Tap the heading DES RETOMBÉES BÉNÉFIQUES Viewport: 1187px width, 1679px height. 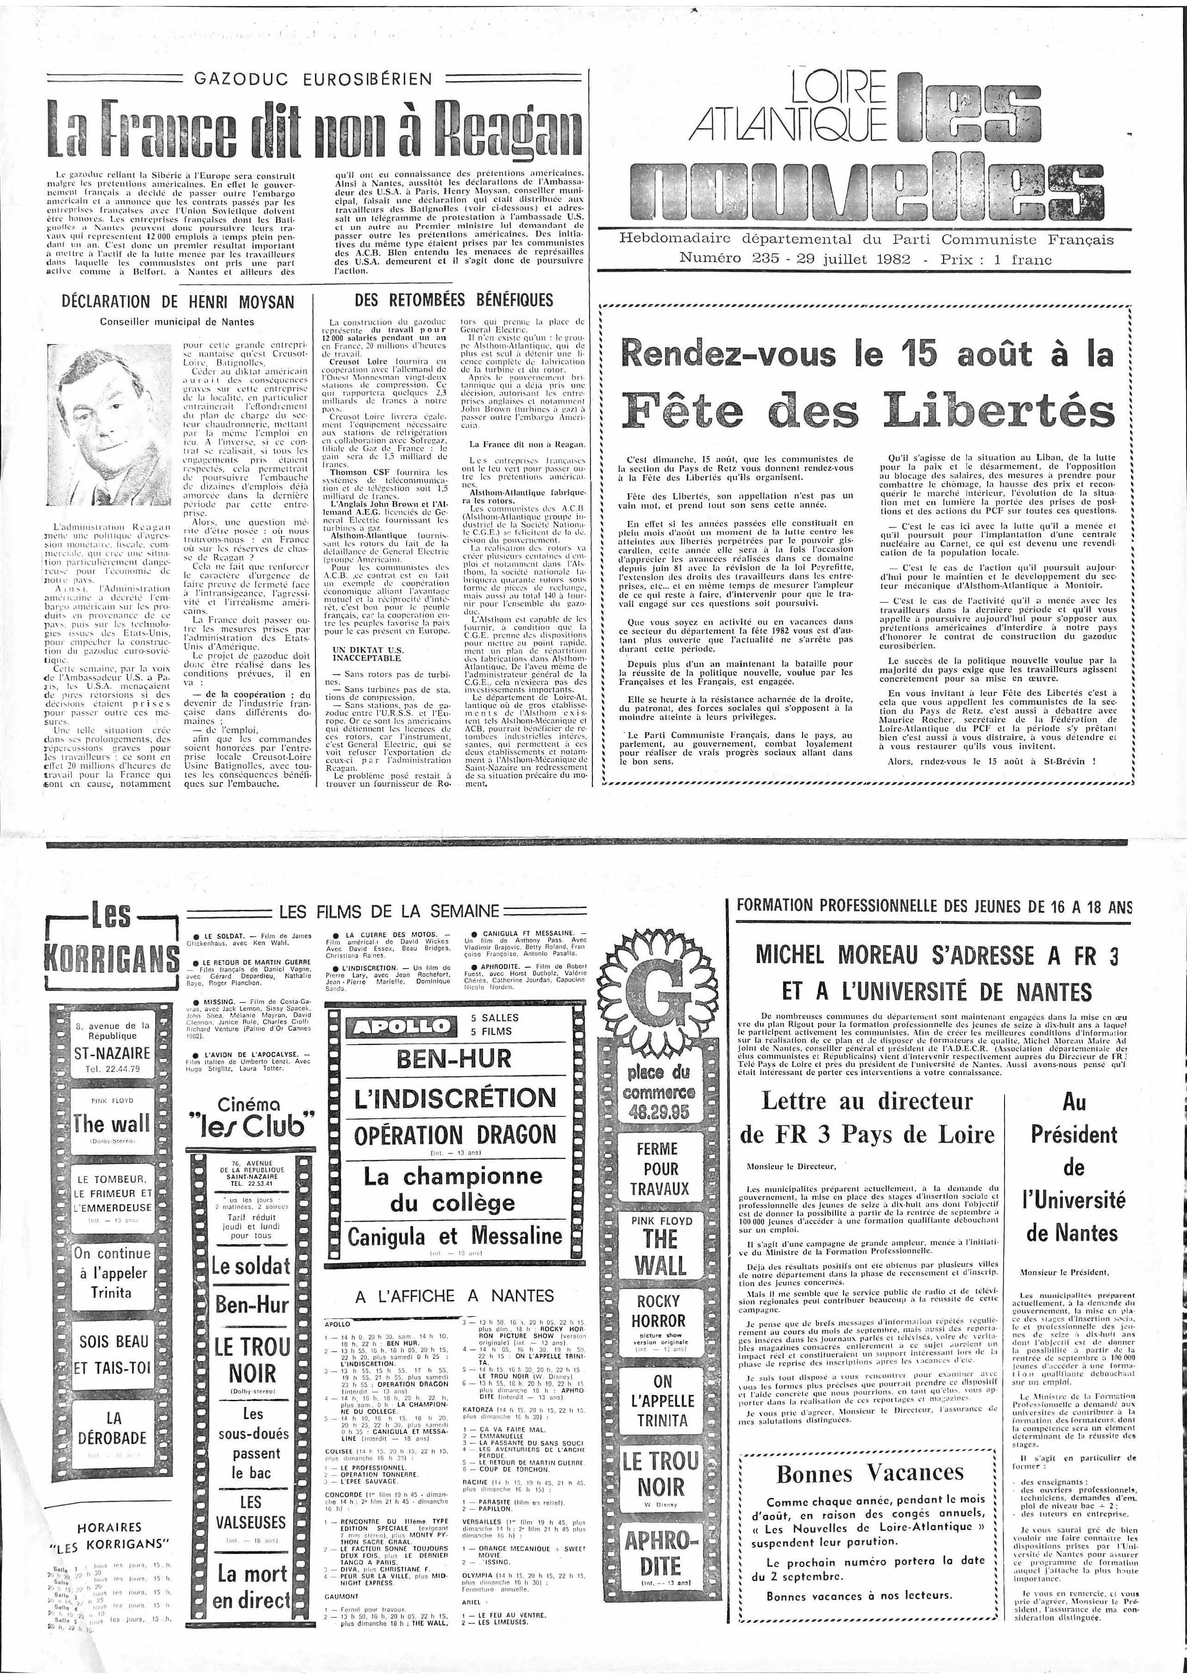[453, 300]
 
